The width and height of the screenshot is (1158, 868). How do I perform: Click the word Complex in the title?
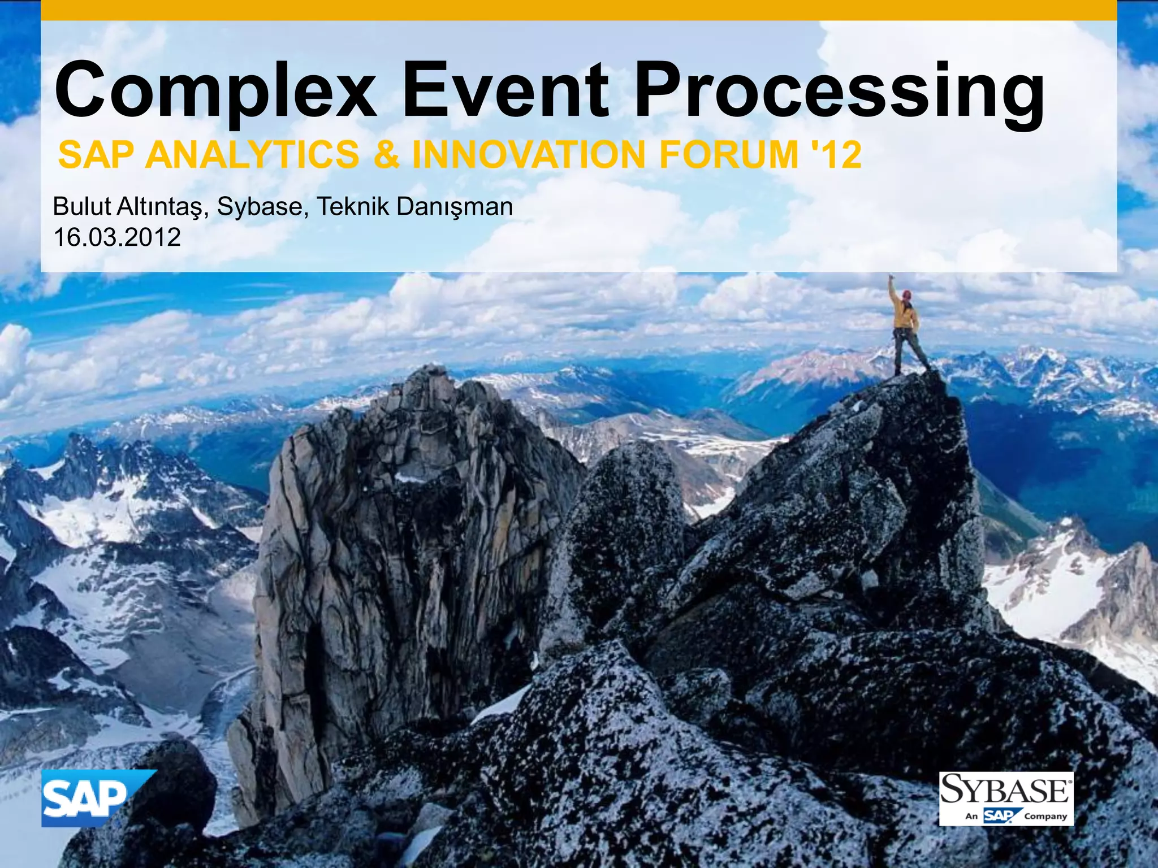(x=215, y=90)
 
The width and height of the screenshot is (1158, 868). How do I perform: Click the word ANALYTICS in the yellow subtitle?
(x=252, y=155)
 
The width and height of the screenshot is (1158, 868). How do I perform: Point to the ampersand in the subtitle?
(x=386, y=155)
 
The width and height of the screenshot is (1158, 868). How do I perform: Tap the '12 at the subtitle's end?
(x=837, y=155)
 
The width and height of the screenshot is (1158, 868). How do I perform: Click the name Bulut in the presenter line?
(x=81, y=207)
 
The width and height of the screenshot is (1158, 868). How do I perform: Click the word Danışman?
(x=455, y=207)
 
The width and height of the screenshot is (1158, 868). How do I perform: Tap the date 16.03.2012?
(x=117, y=237)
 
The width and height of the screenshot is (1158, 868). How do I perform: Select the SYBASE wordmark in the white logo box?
(x=1005, y=789)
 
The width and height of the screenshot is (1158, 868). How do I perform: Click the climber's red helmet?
(x=907, y=294)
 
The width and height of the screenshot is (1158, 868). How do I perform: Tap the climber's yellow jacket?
(x=905, y=316)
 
